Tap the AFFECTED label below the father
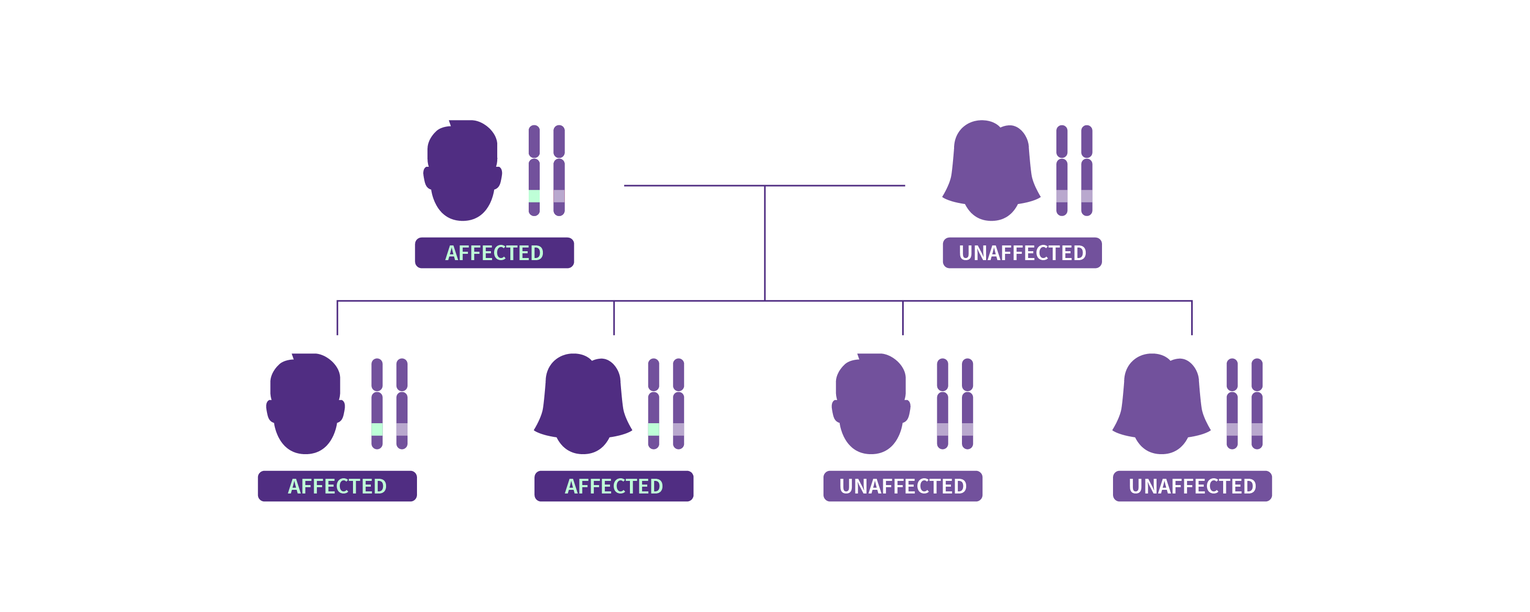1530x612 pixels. click(x=494, y=253)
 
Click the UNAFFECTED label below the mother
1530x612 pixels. click(x=1022, y=253)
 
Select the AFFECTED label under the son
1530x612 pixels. click(x=337, y=486)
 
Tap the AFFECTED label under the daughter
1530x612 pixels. click(x=614, y=486)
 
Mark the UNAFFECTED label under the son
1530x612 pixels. click(x=903, y=486)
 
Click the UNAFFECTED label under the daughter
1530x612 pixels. click(x=1192, y=486)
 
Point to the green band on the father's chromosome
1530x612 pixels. click(x=534, y=196)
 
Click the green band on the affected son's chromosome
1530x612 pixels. click(x=377, y=429)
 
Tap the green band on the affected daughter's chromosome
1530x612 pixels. click(x=654, y=429)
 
